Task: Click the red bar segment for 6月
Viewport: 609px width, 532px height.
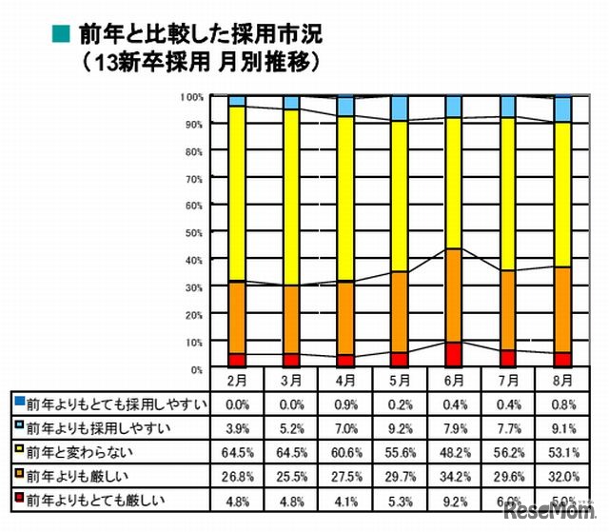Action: click(454, 355)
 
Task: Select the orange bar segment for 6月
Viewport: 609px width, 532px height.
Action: click(454, 295)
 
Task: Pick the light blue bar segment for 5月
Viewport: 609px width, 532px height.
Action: click(400, 108)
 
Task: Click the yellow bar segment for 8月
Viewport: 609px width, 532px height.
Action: click(562, 194)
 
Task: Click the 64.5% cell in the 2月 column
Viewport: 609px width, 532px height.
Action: click(236, 449)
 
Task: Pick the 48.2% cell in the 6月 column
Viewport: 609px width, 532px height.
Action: click(454, 449)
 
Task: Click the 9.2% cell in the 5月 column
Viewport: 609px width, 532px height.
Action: click(400, 426)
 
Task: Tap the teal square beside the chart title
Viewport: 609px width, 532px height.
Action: click(60, 34)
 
